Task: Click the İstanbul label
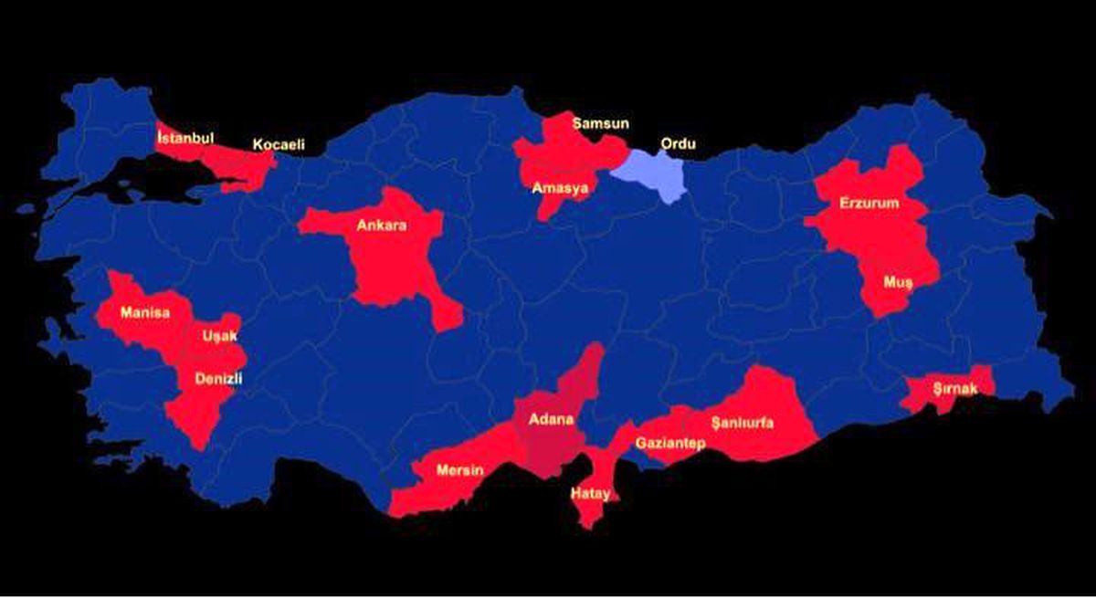[185, 138]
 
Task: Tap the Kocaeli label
[279, 144]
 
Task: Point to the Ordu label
[678, 144]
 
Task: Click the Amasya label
[562, 187]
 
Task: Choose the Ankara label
[382, 226]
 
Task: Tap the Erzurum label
[869, 204]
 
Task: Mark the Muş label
[897, 281]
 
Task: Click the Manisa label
[145, 312]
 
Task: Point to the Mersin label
[459, 470]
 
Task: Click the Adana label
[552, 420]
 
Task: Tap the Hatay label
[590, 493]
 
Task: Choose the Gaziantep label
[670, 443]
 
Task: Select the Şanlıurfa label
[743, 423]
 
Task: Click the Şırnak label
[955, 389]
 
